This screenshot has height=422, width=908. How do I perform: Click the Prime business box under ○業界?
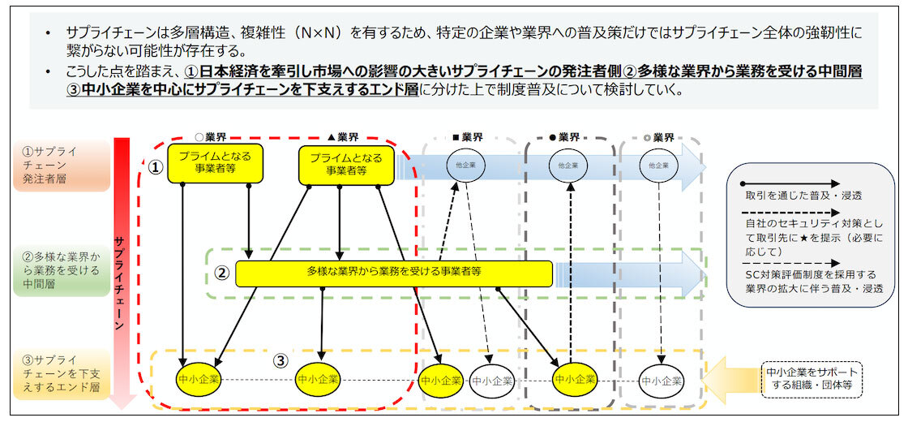215,162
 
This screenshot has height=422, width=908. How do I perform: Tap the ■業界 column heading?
467,137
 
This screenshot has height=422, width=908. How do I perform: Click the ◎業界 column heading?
658,137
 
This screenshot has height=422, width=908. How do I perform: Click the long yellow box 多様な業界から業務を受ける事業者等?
394,273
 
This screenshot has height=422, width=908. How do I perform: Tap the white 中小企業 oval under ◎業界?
658,379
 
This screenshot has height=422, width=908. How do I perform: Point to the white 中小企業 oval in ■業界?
491,379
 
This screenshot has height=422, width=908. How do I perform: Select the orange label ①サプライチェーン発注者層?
61,165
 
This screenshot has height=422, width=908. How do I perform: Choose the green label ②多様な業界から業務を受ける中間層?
61,269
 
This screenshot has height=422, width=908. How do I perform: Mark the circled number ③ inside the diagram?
281,360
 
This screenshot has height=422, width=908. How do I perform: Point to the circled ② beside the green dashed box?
221,272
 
